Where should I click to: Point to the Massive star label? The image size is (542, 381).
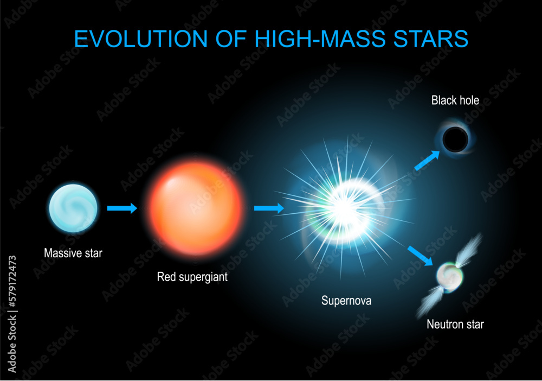tap(73, 252)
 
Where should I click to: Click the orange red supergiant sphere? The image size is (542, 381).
tap(196, 208)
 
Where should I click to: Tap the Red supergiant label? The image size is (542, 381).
tap(192, 277)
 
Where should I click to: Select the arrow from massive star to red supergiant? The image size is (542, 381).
tap(122, 208)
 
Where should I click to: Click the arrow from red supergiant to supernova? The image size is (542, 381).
tap(269, 208)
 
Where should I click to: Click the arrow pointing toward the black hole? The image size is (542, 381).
tap(427, 160)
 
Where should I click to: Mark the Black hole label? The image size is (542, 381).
tap(455, 100)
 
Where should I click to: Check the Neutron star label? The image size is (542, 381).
tap(455, 325)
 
